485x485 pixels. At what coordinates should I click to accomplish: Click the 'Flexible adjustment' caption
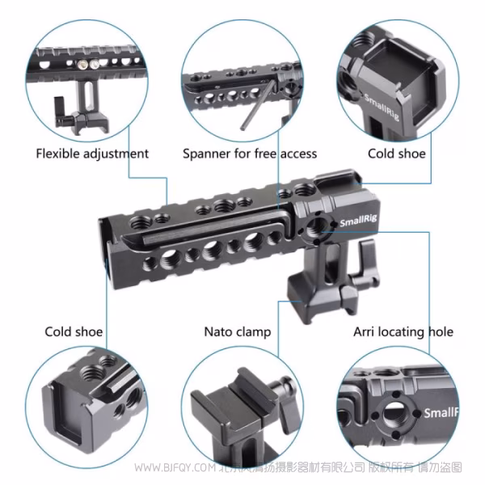(x=92, y=154)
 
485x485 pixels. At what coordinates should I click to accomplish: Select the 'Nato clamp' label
(x=238, y=332)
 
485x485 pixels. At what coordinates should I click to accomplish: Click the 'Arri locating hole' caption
(x=403, y=332)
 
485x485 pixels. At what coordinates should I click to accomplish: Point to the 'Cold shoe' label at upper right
(x=397, y=154)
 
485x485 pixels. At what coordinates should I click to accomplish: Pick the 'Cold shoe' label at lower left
(x=74, y=332)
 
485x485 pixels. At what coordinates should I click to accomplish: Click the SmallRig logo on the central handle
(x=358, y=220)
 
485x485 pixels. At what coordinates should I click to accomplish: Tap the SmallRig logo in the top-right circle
(x=382, y=107)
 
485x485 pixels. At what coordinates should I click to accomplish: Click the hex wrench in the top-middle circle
(x=258, y=104)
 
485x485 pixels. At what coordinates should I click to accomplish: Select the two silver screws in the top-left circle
(x=88, y=65)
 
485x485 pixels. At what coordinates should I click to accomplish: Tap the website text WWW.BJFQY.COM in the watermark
(x=175, y=467)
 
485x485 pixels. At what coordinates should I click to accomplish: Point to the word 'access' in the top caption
(x=298, y=154)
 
